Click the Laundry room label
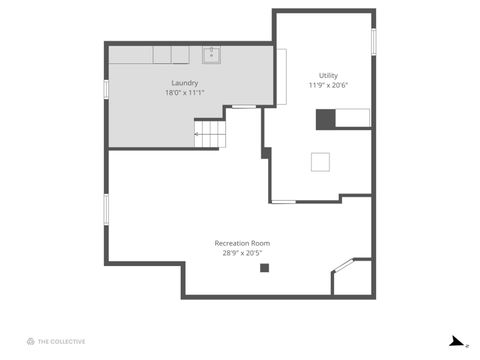(x=184, y=83)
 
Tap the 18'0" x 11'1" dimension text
(x=184, y=93)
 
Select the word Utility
(x=328, y=75)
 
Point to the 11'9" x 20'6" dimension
(x=328, y=85)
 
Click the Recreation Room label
(x=242, y=243)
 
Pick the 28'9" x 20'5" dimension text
(x=242, y=253)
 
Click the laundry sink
(x=211, y=54)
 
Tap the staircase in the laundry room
(x=207, y=133)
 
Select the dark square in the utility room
(x=325, y=119)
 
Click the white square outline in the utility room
(x=321, y=162)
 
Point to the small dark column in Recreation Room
(x=264, y=267)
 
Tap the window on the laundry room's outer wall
(x=106, y=89)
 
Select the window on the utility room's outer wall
(x=374, y=41)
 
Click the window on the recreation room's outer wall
(x=106, y=208)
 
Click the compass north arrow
(x=457, y=341)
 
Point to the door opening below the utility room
(x=283, y=202)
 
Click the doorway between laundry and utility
(x=244, y=106)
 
